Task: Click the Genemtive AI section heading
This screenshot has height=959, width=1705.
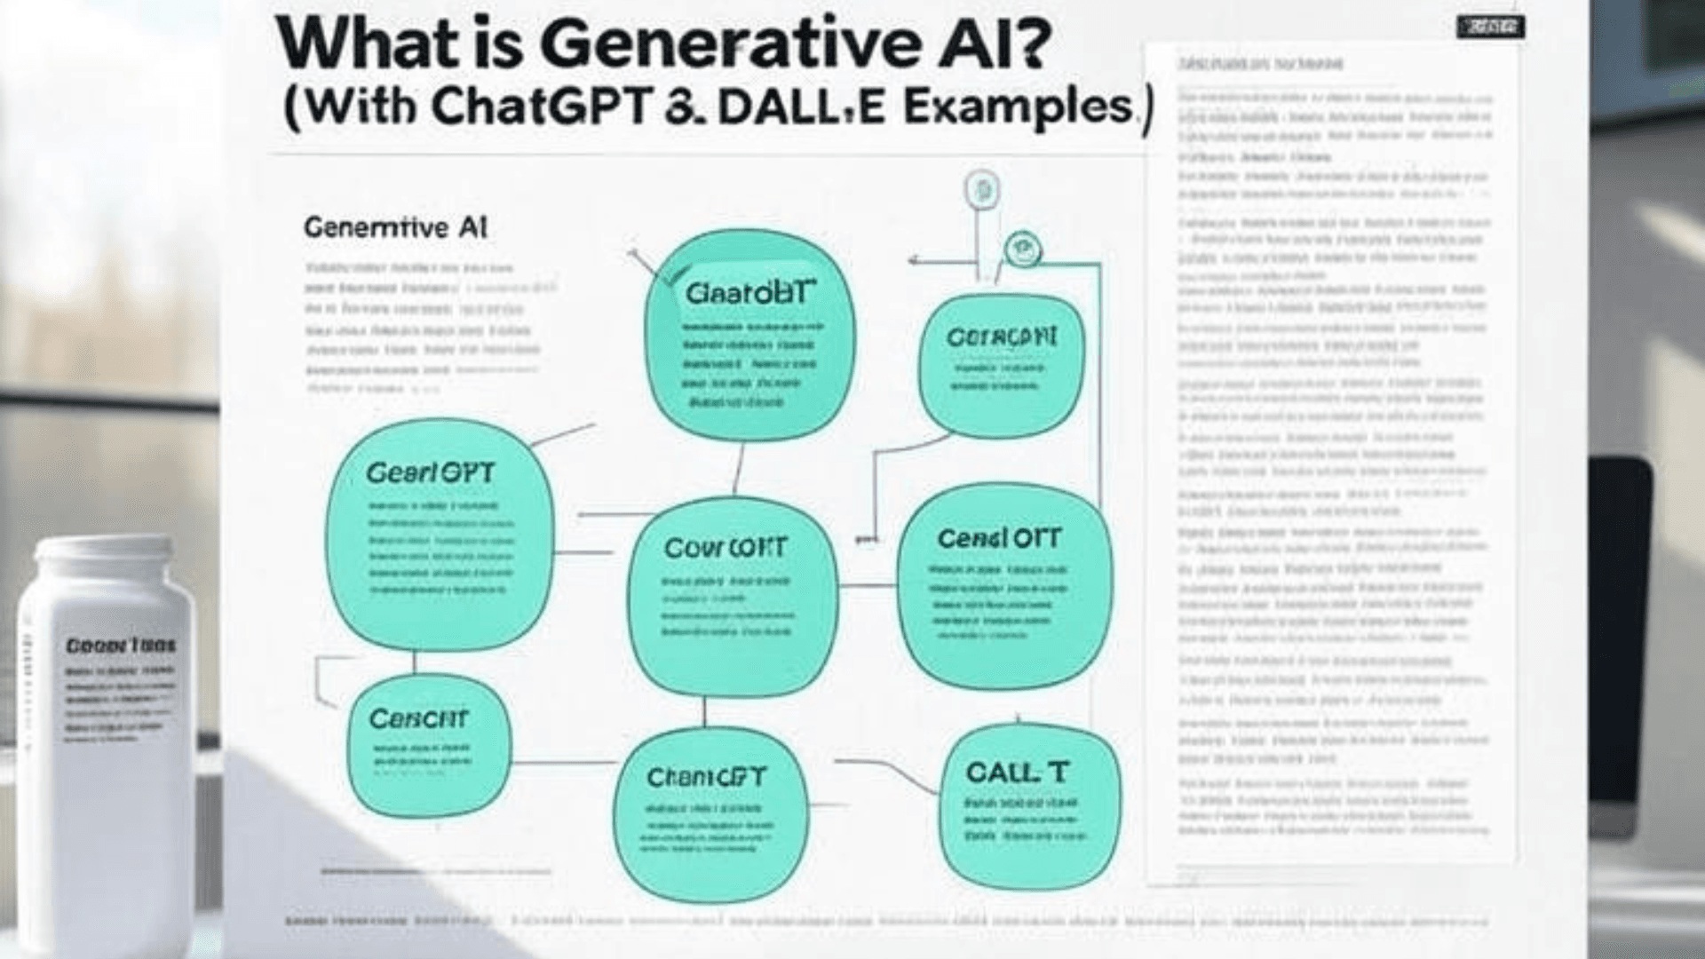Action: pos(396,228)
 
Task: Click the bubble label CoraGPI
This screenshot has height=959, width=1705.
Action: pos(1002,338)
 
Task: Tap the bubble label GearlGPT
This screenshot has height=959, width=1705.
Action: pos(430,472)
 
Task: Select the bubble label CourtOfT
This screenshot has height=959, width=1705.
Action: pos(725,547)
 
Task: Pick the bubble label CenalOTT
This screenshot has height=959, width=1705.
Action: pos(999,538)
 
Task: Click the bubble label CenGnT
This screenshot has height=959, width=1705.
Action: pos(418,718)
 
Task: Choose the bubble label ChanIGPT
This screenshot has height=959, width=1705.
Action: pos(706,778)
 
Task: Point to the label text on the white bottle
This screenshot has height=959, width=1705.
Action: pos(121,646)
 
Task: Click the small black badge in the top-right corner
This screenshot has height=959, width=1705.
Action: pos(1491,28)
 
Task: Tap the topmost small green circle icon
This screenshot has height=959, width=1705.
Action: pos(982,190)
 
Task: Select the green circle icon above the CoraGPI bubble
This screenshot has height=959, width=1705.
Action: pos(1022,250)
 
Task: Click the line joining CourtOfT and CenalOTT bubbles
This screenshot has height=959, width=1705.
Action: pos(868,586)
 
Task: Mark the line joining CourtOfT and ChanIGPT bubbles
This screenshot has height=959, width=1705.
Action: pos(704,711)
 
